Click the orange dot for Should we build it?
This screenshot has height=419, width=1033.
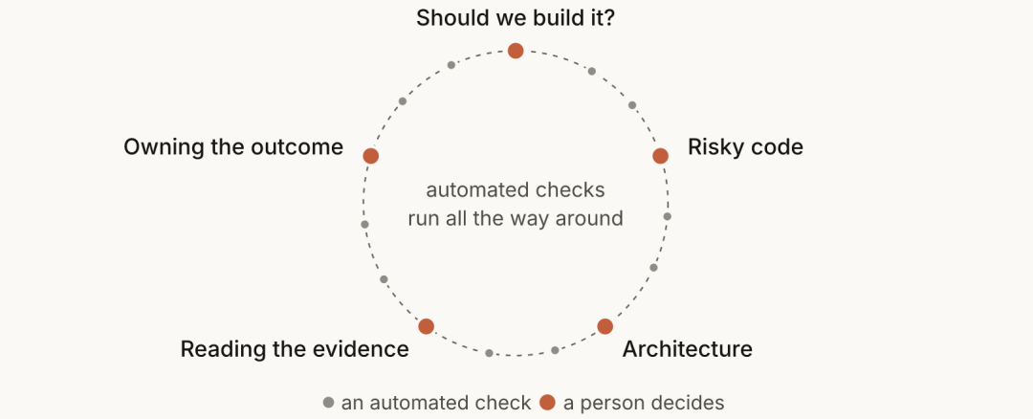[516, 51]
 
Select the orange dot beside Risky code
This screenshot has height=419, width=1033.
[660, 156]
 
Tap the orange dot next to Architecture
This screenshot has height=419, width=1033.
[604, 326]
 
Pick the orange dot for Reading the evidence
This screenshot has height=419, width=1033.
[427, 326]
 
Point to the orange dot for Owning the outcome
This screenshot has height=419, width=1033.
[371, 156]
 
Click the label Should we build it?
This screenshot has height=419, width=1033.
[516, 18]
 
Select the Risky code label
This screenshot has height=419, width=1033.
[745, 147]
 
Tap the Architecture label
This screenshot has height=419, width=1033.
[687, 348]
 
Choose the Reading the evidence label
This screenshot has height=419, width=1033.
[295, 349]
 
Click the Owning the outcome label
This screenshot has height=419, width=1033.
[233, 147]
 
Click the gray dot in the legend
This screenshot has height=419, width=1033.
[328, 402]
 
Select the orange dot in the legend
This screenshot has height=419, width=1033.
[547, 402]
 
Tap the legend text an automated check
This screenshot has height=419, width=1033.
[435, 403]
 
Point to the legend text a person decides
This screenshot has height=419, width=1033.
[644, 403]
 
